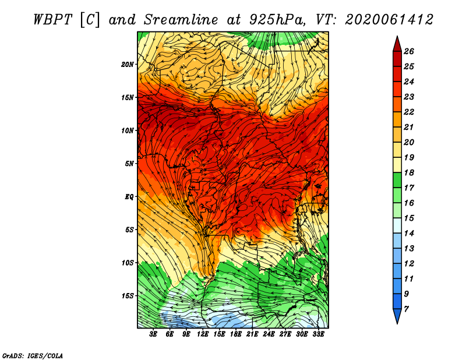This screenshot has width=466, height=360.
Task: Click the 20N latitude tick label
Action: [128, 65]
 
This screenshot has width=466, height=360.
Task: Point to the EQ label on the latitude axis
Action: [129, 197]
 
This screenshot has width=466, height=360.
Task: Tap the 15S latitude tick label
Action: [128, 296]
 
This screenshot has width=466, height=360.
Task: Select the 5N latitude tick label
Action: [129, 164]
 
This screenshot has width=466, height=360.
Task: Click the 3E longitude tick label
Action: [153, 334]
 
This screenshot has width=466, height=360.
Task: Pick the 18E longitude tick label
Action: [236, 334]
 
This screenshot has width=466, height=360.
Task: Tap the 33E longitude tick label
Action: [318, 334]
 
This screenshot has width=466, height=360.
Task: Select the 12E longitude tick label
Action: [203, 334]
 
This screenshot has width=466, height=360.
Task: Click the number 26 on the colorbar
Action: [409, 51]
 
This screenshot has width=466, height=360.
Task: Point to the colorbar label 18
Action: [409, 172]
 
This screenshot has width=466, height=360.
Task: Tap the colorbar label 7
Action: [406, 309]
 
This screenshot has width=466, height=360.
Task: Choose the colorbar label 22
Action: [409, 112]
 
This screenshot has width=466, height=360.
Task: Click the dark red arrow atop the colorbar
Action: [397, 44]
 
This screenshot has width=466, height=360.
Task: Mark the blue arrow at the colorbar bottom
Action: [397, 316]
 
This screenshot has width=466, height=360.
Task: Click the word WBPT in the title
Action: [52, 20]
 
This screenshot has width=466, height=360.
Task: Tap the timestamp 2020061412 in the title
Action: [389, 20]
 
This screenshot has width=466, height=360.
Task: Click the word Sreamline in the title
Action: [181, 20]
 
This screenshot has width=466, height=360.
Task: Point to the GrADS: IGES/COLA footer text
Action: [33, 356]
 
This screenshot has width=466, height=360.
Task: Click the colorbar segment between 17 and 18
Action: [397, 180]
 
